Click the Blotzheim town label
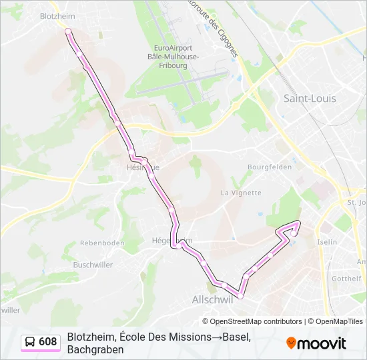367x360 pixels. point(57,15)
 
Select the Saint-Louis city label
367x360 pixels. point(310,98)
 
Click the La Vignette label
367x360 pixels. point(241,193)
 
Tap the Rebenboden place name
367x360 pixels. point(102,243)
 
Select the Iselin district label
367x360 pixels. point(327,241)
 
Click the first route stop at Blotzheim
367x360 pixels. point(67,31)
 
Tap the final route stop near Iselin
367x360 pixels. point(298,223)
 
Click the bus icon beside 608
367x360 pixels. point(31,342)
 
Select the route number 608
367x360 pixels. point(48,342)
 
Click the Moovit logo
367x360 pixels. point(316,343)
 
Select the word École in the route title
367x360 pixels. point(133,337)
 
